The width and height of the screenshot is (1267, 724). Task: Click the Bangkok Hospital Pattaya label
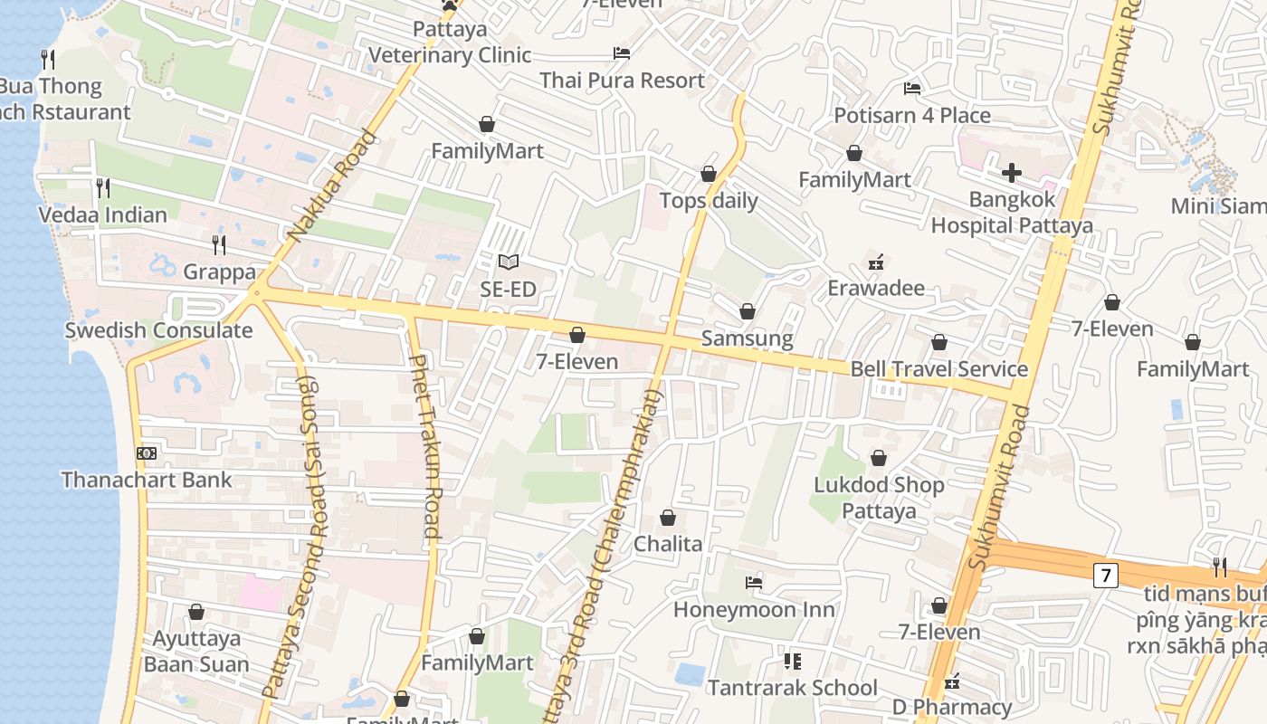[x=1012, y=212]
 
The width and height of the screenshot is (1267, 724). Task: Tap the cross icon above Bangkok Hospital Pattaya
[x=1012, y=173]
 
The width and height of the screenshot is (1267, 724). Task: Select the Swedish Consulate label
[x=158, y=330]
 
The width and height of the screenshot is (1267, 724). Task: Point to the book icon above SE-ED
[x=509, y=262]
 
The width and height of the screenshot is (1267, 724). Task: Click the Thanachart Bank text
[x=147, y=480]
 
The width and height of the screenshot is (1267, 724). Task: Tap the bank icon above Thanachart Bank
[x=147, y=452]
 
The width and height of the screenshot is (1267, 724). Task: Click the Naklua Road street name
[x=331, y=187]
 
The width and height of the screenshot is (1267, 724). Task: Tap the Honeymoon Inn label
[x=754, y=609]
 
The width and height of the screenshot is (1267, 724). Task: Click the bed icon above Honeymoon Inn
[x=754, y=582]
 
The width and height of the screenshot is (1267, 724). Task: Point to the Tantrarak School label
[x=792, y=688]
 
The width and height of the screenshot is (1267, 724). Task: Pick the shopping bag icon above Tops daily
[x=709, y=174]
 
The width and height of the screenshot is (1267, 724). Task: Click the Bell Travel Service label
[x=938, y=369]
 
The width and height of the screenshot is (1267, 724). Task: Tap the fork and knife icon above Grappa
[x=218, y=244]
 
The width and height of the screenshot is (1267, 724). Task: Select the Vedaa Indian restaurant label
[x=102, y=215]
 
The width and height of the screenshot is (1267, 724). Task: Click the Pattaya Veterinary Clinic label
[x=450, y=43]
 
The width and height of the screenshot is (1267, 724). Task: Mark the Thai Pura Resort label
[x=622, y=81]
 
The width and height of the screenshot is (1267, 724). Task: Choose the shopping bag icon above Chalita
[x=668, y=518]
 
